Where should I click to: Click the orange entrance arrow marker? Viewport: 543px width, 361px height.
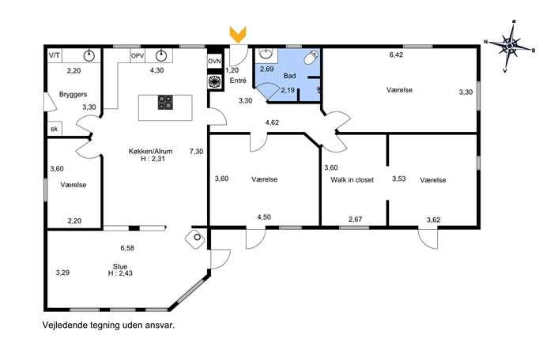238,34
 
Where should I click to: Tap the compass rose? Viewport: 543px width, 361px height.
510,46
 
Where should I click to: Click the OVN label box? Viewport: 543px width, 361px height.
214,62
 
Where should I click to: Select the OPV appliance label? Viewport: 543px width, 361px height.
138,55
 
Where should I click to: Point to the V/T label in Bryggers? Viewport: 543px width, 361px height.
54,55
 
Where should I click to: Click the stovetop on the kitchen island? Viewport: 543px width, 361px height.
165,103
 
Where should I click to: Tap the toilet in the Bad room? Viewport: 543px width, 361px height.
311,58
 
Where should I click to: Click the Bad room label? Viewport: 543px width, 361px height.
289,76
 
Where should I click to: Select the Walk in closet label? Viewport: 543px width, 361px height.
353,179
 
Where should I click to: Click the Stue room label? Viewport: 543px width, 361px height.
120,266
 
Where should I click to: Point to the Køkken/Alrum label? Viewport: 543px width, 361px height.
150,151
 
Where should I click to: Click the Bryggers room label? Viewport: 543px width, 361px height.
73,95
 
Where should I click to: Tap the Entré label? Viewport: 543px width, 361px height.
238,81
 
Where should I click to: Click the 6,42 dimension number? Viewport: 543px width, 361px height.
396,55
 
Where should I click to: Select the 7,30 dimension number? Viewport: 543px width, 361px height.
196,151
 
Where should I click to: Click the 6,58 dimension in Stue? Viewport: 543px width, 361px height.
127,248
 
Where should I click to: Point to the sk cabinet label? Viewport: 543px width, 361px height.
54,129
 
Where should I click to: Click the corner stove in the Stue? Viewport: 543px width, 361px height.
195,238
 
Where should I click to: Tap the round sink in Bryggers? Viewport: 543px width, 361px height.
89,55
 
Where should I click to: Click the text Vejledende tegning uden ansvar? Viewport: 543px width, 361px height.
108,325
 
